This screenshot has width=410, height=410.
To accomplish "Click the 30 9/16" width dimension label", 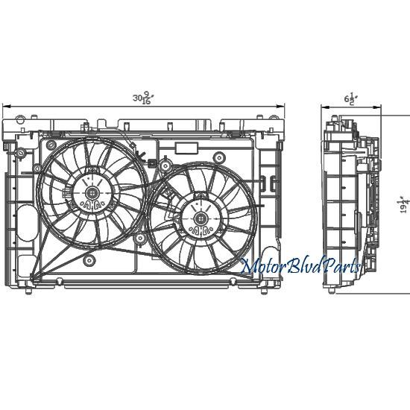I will click(x=141, y=98).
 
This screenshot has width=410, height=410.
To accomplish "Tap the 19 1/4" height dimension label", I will click(x=404, y=201).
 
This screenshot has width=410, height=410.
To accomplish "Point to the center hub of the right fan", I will click(x=201, y=218).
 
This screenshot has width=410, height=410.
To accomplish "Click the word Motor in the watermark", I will click(x=266, y=267).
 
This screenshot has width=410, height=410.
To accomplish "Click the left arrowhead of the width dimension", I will click(x=5, y=106).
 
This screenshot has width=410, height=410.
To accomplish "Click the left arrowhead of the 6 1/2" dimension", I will click(x=324, y=106).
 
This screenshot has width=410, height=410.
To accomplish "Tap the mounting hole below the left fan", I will click(x=89, y=260).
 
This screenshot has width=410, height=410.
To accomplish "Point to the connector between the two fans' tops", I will click(x=152, y=163).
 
